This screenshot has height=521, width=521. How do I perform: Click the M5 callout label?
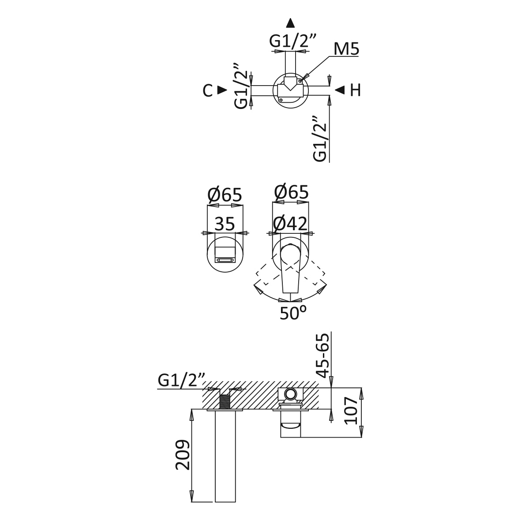pos(346,49)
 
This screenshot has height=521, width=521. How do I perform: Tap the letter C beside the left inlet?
pos(207,90)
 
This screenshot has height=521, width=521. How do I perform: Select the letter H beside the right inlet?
pos(355,90)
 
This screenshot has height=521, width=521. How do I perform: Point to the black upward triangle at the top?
pos(290,23)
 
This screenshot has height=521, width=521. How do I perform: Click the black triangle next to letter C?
pos(222,90)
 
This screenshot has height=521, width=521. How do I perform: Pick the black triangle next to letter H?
pos(339,90)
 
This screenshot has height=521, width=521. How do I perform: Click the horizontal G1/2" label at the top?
pos(293,41)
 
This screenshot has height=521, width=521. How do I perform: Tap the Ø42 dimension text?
pos(290,224)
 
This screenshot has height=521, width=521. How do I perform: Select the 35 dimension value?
pos(225,224)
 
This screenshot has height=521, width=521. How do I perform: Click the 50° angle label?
pos(292,313)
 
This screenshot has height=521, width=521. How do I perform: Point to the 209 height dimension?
pos(183,455)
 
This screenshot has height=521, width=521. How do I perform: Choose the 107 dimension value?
pos(352,410)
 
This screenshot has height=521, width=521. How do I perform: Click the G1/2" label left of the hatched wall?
pos(181,380)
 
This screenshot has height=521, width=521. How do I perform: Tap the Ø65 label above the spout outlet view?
pos(225,195)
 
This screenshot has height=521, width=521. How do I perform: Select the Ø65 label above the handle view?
pos(291,192)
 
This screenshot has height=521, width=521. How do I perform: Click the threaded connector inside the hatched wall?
pos(225,401)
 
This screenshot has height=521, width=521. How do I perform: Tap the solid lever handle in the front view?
pos(289,269)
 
